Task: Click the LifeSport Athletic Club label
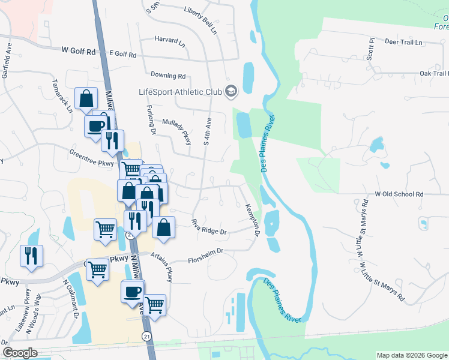coord(180,92)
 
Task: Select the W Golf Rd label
coord(79,52)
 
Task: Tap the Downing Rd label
coord(168,76)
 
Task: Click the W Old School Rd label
coord(399,194)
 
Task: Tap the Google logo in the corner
coord(20,353)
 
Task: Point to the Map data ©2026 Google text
coord(411,355)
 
